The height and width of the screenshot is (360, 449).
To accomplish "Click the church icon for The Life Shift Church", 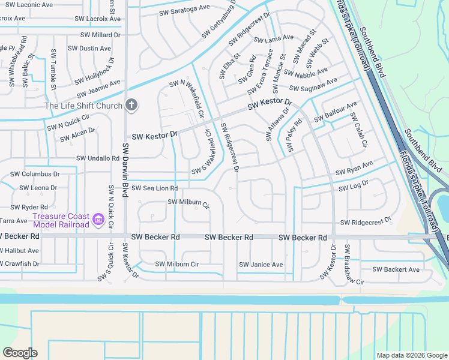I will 131,106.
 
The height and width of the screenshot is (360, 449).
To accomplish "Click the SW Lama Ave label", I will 274,40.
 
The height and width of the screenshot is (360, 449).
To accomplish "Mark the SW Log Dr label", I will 353,188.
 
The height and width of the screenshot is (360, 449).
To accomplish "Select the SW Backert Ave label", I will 396,269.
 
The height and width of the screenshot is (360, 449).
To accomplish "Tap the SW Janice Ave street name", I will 261,265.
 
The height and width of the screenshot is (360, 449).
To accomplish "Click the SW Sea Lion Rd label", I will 154,188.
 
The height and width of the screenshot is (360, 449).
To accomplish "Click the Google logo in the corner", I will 20,353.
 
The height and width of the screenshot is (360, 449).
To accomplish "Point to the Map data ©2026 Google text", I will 411,355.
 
